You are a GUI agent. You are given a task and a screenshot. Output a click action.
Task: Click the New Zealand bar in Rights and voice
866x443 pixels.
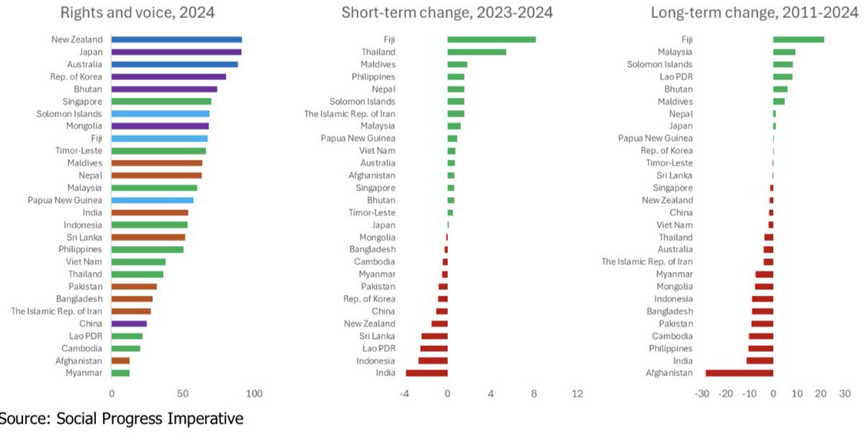coord(177,40)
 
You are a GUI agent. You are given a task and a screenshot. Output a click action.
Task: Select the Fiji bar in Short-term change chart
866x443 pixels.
coord(491,40)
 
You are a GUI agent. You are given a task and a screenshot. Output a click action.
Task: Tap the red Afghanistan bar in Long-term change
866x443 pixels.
coord(739,373)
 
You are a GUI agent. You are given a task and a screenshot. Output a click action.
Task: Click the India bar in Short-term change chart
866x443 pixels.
coord(427,373)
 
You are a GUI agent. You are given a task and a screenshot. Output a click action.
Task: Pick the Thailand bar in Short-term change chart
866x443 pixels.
coord(476,52)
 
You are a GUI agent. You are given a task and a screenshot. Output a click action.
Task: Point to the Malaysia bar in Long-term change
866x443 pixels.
coord(784,52)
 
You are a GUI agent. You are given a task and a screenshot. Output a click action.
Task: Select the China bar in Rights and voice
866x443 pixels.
coord(129,324)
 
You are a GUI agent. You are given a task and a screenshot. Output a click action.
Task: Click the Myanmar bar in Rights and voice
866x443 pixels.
coord(121,373)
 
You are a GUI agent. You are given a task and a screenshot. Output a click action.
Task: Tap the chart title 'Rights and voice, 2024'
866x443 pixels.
coord(137,12)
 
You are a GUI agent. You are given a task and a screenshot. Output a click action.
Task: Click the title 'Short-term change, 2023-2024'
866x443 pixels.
coord(447,12)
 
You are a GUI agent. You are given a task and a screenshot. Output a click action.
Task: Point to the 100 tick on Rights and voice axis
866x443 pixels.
coord(254,394)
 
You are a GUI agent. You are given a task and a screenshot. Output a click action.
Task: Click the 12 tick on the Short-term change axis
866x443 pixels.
coord(577,394)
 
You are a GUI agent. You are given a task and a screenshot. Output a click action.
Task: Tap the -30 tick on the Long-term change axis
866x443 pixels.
coord(701,394)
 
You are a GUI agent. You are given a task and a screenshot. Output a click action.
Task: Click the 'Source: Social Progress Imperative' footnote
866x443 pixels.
coord(121,419)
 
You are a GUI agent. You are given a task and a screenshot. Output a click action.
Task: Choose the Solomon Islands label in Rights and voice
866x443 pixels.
coord(69,114)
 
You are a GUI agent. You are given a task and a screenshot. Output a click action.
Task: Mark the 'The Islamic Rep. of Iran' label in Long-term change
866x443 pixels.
coord(647,262)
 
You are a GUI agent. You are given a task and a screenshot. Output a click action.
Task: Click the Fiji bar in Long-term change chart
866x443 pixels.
coord(798,40)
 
